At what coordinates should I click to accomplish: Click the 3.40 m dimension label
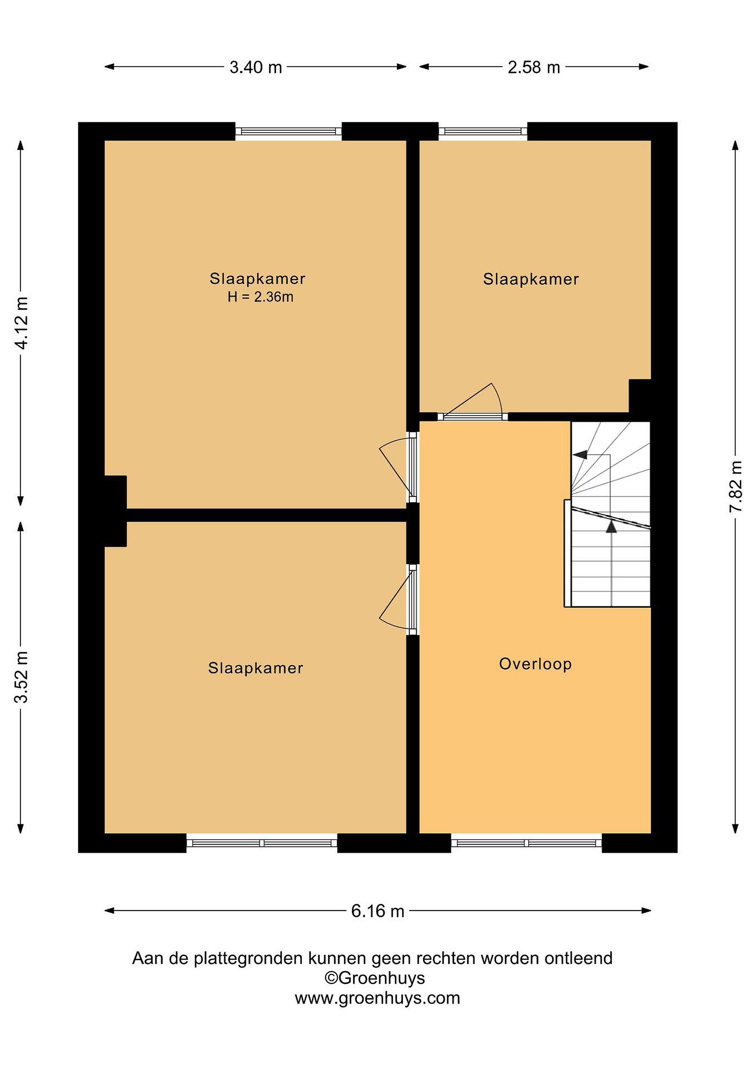(x=256, y=67)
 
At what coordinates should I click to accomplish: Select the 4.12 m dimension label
(x=22, y=322)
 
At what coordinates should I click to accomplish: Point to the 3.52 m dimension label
(x=22, y=676)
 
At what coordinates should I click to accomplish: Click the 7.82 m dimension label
(x=736, y=487)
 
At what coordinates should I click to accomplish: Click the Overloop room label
(x=535, y=664)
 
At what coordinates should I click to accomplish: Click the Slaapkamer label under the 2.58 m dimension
(x=531, y=279)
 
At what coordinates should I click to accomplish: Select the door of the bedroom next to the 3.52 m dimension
(x=397, y=600)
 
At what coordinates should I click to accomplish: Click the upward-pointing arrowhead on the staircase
(x=611, y=526)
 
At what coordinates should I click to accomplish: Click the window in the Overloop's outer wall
(x=527, y=843)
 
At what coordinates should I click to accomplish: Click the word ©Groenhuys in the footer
(x=375, y=978)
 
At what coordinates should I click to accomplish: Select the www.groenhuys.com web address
(x=377, y=998)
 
